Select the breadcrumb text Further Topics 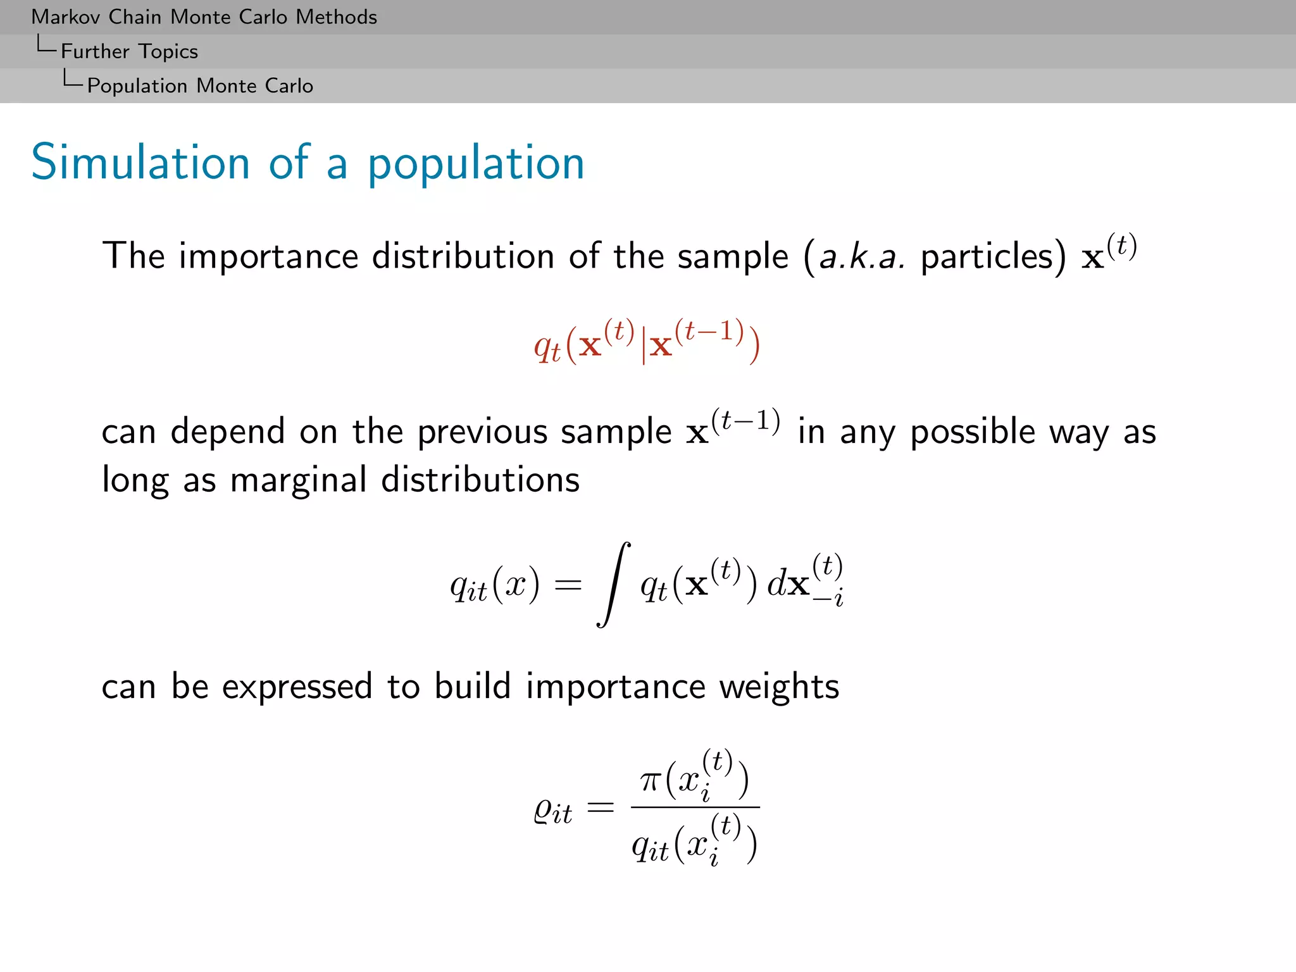[129, 51]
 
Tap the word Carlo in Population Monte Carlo [289, 85]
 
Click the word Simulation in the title [140, 163]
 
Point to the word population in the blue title [476, 164]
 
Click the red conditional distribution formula [647, 342]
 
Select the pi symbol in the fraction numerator [650, 781]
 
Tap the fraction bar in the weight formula [695, 807]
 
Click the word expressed [297, 687]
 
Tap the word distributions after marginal [480, 480]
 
